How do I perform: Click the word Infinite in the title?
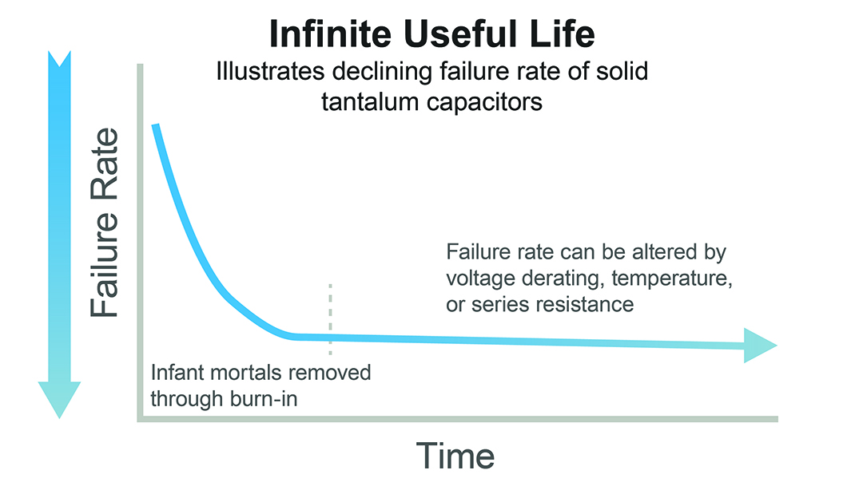[330, 34]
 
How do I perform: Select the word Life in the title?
[562, 34]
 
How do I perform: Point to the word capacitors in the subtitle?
[483, 102]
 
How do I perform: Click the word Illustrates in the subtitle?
[270, 71]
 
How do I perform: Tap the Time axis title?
[455, 456]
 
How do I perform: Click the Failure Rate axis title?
[104, 223]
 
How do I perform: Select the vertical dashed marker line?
[330, 319]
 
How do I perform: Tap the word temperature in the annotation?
[672, 279]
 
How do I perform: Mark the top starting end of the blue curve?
[156, 125]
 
